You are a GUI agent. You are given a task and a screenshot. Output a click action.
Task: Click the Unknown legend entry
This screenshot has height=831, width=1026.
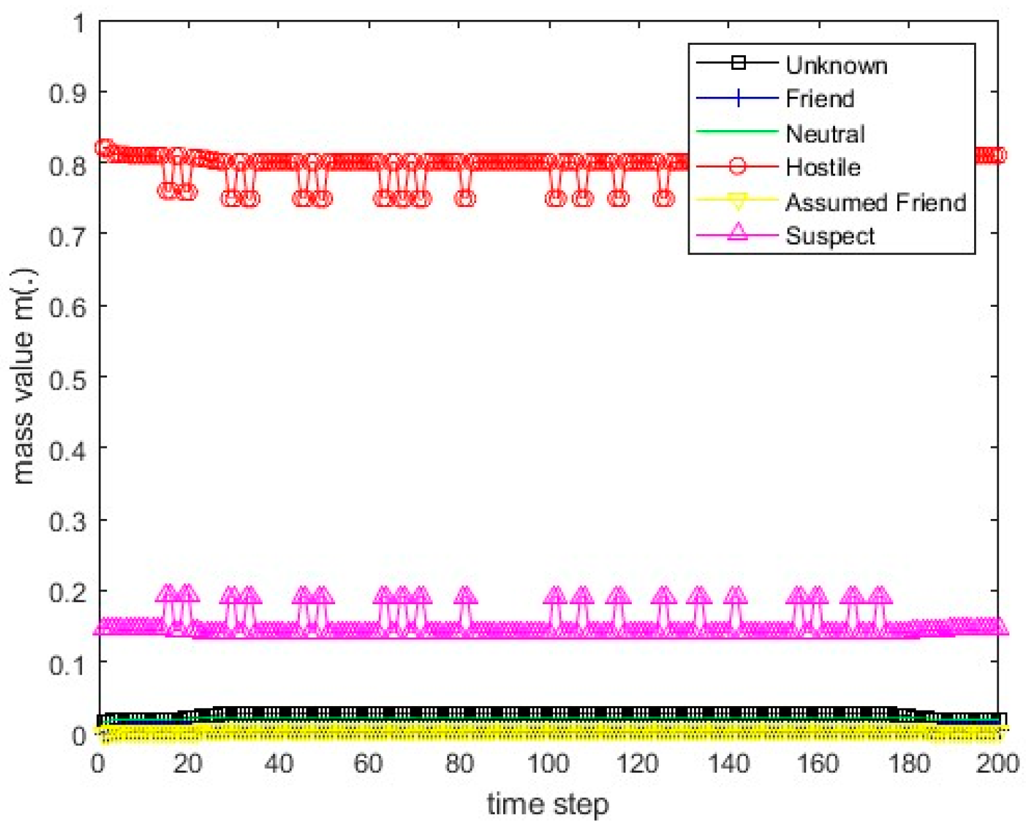[x=836, y=65]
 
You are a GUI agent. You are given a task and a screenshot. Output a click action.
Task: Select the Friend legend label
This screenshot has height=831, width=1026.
[x=820, y=99]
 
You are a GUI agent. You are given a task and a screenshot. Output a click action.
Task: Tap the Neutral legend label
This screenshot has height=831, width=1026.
[x=825, y=133]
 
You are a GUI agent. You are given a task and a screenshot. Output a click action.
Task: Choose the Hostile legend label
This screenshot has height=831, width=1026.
[x=823, y=167]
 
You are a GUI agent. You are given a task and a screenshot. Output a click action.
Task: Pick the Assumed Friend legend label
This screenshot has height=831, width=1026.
[x=875, y=202]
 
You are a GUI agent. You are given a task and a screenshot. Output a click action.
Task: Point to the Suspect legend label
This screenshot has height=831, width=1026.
[x=830, y=236]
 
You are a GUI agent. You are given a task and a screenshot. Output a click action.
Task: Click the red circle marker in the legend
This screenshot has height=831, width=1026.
[x=738, y=167]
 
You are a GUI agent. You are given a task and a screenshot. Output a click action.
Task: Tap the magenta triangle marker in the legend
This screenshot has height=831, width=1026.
[x=738, y=232]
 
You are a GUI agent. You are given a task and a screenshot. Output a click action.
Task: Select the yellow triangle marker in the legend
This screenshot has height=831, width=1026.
[x=738, y=202]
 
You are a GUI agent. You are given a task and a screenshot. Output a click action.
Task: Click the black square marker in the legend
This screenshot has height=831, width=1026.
[x=738, y=63]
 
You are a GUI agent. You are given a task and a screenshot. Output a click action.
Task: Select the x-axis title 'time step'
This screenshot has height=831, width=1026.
[x=547, y=803]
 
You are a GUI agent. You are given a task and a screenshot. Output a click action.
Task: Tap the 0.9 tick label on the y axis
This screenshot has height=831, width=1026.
[x=67, y=94]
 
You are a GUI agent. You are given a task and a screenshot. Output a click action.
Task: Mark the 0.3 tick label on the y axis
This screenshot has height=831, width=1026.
[x=67, y=521]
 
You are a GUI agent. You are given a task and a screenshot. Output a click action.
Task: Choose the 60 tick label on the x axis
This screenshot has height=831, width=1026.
[x=368, y=764]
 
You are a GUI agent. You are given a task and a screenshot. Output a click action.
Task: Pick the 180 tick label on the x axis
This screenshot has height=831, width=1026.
[x=908, y=764]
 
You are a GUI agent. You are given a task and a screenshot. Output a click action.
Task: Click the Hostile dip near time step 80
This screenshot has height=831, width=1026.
[x=465, y=198]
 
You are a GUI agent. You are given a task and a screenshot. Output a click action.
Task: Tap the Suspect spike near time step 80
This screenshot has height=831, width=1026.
[x=465, y=595]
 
